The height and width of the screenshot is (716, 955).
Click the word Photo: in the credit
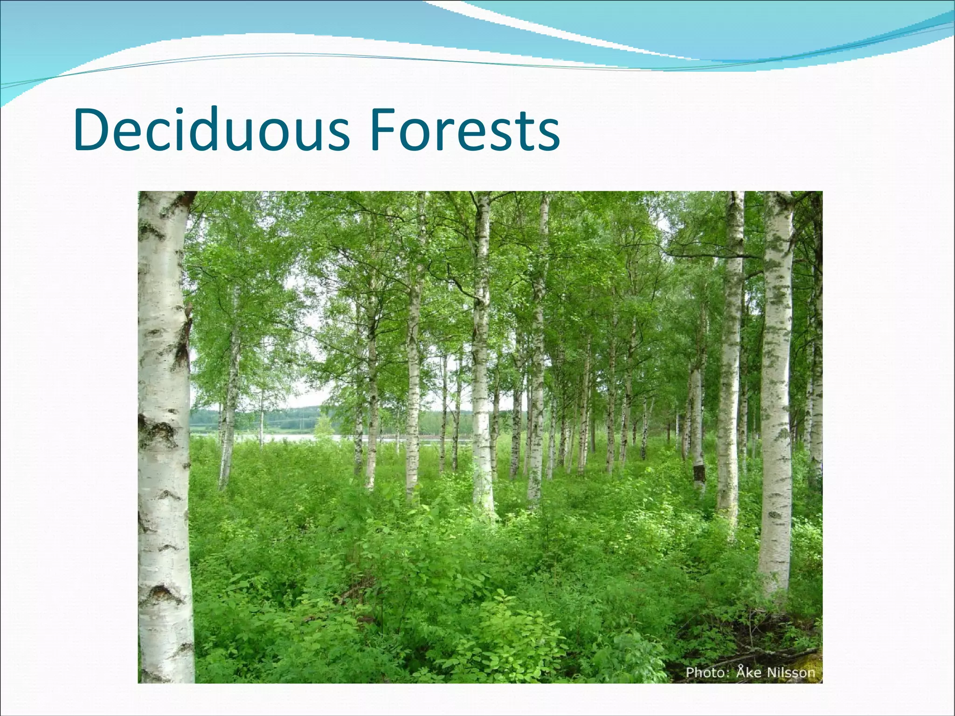coord(706,672)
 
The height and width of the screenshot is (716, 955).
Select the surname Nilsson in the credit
coord(792,672)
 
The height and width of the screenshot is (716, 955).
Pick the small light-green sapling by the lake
coord(323,427)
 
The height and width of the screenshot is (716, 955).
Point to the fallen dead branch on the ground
coord(765,653)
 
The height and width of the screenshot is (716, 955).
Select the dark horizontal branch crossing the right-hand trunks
coord(709,255)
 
